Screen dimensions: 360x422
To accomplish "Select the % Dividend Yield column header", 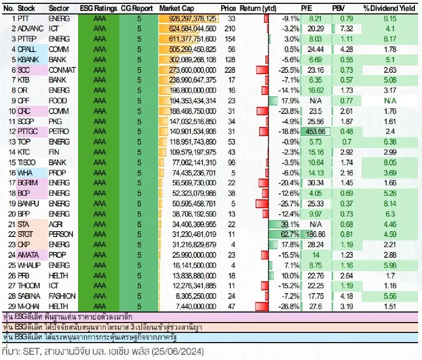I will click(389, 8).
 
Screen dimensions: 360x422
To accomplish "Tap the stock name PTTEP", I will click(29, 39).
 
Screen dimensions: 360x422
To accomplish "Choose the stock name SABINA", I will click(29, 296).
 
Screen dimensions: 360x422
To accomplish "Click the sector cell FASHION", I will click(62, 296).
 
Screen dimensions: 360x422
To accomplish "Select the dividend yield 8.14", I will click(390, 204).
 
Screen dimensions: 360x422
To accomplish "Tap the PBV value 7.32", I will click(346, 29).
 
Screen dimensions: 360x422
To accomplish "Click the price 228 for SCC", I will click(230, 70).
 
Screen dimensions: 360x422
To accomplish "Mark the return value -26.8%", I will click(289, 306).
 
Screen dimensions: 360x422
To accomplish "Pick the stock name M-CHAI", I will click(28, 306).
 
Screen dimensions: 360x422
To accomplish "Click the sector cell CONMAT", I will click(62, 70).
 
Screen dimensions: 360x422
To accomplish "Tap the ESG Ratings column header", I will click(98, 8).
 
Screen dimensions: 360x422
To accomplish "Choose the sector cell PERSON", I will click(61, 234).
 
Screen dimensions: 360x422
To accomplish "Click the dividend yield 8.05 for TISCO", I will click(390, 162).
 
